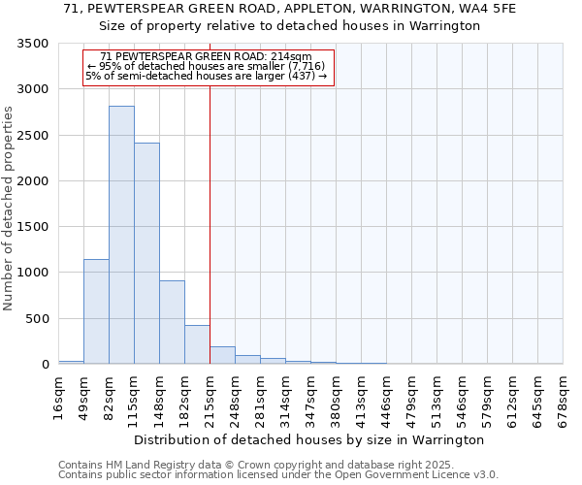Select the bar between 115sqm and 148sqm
click(146, 253)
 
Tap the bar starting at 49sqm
click(96, 311)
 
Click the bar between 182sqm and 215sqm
click(197, 344)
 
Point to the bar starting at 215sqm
click(222, 355)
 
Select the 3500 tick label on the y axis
click(33, 45)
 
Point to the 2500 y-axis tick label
click(33, 136)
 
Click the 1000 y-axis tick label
click(33, 273)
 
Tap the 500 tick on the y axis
click(37, 319)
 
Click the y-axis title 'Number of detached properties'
click(9, 209)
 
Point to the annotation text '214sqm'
click(292, 57)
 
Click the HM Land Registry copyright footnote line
click(255, 465)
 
